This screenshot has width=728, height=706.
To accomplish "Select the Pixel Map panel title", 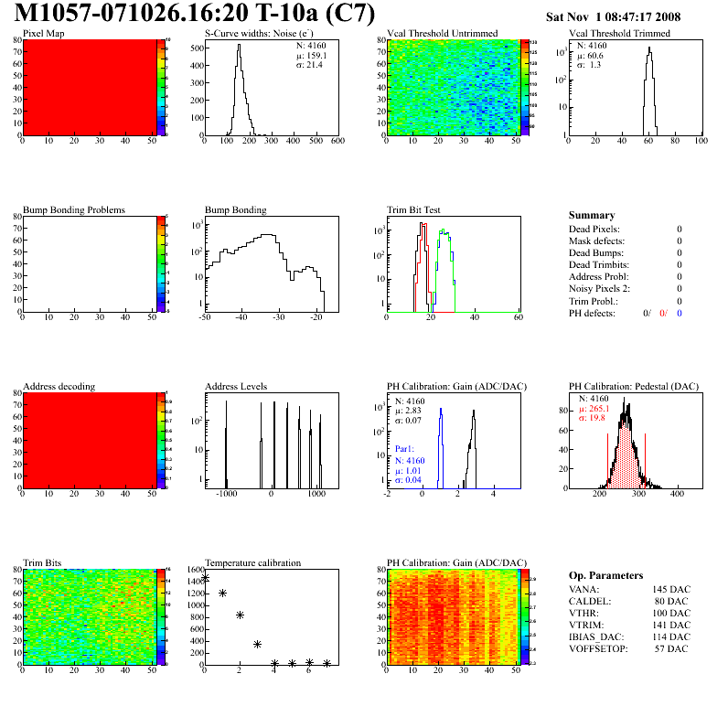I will click(44, 34).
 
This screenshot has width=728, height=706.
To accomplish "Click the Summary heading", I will click(592, 215).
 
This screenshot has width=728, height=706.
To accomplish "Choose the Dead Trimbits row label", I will click(599, 265).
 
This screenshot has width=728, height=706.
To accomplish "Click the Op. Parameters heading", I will click(605, 575).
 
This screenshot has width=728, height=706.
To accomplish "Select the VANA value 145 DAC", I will click(671, 589).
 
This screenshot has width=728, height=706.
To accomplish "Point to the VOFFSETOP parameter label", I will click(598, 648).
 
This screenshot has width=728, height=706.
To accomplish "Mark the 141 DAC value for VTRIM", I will click(671, 625).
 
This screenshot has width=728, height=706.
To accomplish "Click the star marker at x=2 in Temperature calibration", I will click(240, 615).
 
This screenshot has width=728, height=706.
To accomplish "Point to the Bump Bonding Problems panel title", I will click(74, 210).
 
